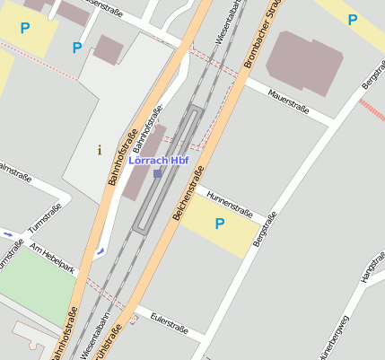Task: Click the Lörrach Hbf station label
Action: pyautogui.click(x=158, y=161)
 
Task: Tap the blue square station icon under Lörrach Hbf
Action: pyautogui.click(x=158, y=173)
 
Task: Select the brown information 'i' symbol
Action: pyautogui.click(x=99, y=150)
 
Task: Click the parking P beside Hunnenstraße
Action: pyautogui.click(x=218, y=224)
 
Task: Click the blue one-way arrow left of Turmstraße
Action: pyautogui.click(x=8, y=234)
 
